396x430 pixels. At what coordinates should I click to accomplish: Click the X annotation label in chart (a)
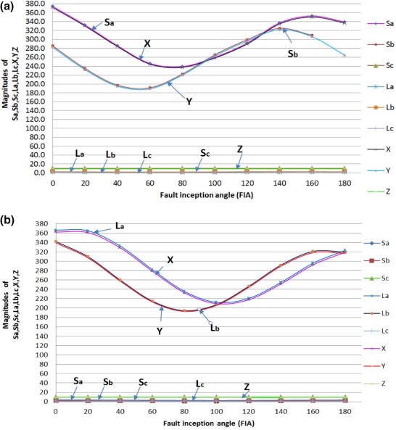coord(147,44)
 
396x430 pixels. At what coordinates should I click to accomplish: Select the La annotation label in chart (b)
coord(120,226)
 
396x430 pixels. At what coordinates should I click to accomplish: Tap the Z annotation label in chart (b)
coord(247,386)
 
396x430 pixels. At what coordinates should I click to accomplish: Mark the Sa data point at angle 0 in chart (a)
coord(52,7)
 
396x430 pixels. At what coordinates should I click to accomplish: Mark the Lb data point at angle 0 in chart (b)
coord(56,241)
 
